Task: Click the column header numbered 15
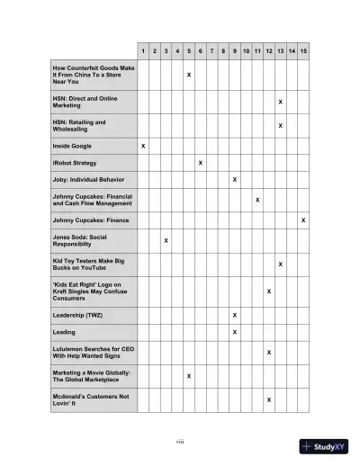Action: pyautogui.click(x=303, y=51)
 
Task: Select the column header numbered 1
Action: pyautogui.click(x=143, y=51)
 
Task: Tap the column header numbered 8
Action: pyautogui.click(x=223, y=51)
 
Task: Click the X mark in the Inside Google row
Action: pyautogui.click(x=143, y=145)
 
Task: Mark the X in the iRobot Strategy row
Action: pyautogui.click(x=200, y=163)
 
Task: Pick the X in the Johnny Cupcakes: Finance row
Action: pyautogui.click(x=303, y=220)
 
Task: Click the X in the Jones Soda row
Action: pyautogui.click(x=166, y=241)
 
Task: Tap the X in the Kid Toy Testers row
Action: pyautogui.click(x=280, y=264)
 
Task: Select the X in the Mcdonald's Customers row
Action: pyautogui.click(x=269, y=399)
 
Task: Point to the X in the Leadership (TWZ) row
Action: pyautogui.click(x=234, y=315)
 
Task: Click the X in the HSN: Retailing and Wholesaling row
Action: pyautogui.click(x=280, y=125)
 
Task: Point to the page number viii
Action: pyautogui.click(x=180, y=440)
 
